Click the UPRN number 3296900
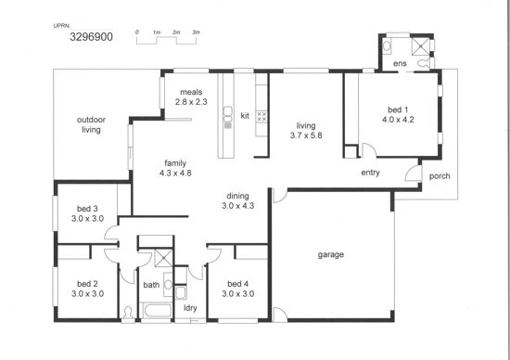click(92, 37)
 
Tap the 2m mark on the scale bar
click(176, 32)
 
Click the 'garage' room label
click(331, 255)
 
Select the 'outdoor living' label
click(91, 124)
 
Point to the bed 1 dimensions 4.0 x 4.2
click(398, 120)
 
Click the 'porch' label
click(440, 176)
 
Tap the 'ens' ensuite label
click(400, 63)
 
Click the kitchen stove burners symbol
click(261, 117)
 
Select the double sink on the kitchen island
click(228, 114)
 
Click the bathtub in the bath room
click(158, 310)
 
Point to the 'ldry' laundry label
click(190, 308)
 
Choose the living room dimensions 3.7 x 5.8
click(306, 135)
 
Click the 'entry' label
click(371, 173)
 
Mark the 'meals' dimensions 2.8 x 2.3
click(191, 102)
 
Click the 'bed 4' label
click(238, 284)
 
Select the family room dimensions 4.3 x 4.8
click(175, 174)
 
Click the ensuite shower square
click(421, 45)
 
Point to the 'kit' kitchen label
click(245, 116)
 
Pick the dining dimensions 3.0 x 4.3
click(238, 206)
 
